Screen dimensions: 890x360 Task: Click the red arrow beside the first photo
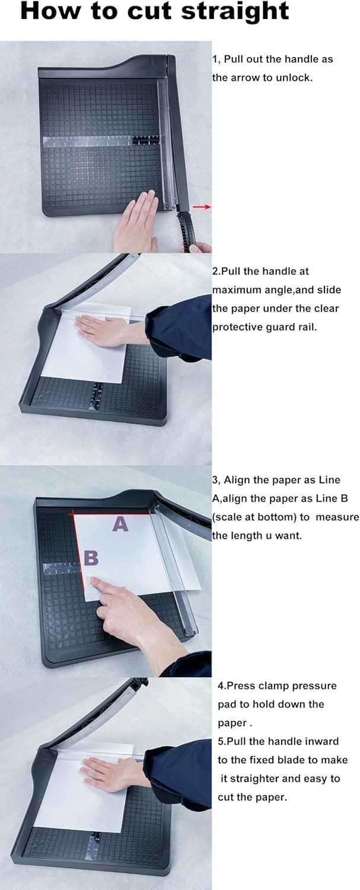(x=202, y=206)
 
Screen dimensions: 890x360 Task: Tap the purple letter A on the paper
(x=120, y=524)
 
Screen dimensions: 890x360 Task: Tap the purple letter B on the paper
(x=91, y=558)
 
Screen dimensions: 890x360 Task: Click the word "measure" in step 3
(x=337, y=517)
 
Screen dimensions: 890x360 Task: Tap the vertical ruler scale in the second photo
(x=97, y=396)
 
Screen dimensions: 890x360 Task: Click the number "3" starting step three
(x=215, y=480)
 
